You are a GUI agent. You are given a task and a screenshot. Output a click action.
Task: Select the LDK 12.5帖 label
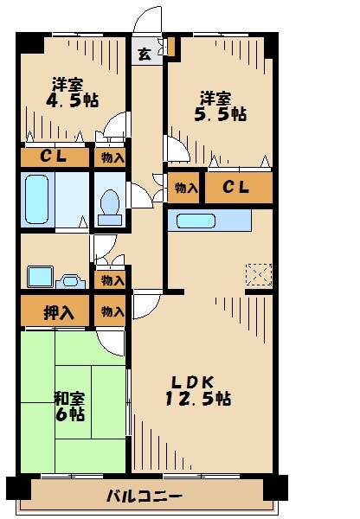201,390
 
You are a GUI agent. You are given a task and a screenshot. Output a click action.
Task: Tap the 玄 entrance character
145,55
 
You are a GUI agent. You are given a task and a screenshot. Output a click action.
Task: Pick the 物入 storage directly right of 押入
111,311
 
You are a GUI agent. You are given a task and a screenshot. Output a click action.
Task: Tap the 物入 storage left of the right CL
185,188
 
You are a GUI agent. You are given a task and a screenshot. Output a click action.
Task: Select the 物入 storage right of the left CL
111,157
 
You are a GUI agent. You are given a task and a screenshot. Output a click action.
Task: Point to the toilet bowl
110,205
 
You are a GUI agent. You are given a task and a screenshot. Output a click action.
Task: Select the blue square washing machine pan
40,277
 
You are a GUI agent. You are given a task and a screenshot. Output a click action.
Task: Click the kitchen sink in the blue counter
194,221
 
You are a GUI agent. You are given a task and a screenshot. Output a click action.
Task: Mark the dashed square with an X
258,274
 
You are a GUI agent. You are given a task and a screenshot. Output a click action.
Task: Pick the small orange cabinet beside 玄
172,47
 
